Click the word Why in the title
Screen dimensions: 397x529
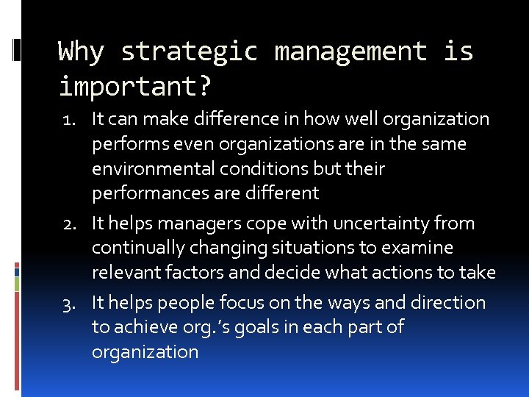82,52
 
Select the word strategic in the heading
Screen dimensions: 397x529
190,52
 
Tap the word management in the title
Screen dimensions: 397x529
350,52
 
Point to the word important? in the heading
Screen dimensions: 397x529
135,87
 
